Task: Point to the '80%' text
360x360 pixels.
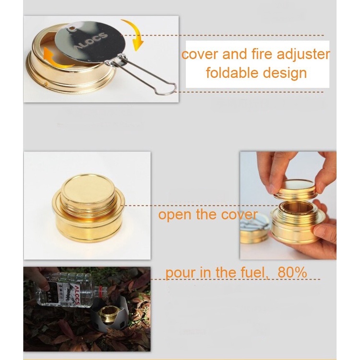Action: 292,272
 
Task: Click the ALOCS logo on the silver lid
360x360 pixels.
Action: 91,41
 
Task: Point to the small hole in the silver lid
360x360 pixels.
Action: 73,29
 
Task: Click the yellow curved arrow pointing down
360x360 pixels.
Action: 134,34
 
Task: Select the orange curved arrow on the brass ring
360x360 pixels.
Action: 56,59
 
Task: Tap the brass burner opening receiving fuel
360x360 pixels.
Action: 108,312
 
